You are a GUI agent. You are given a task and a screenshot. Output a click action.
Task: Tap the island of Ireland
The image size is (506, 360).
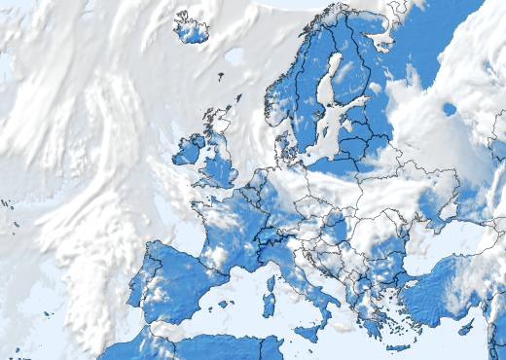[188, 150]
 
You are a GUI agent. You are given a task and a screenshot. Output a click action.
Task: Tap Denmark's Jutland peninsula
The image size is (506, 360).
[284, 147]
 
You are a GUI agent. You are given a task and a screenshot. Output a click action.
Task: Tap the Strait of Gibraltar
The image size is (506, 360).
[154, 332]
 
